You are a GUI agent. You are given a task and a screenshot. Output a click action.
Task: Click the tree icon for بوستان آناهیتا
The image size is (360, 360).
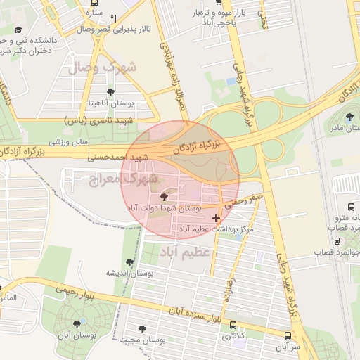(110, 91)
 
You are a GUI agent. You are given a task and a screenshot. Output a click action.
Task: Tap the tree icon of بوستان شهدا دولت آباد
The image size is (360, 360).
(165, 197)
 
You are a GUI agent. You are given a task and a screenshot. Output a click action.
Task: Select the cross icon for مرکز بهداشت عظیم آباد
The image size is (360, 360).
(215, 219)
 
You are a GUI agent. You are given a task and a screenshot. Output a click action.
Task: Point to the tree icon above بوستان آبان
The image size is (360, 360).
(77, 324)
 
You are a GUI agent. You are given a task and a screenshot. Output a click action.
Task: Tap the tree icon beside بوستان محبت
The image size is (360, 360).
(143, 328)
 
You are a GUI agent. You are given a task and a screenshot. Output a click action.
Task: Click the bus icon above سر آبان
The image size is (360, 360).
(287, 335)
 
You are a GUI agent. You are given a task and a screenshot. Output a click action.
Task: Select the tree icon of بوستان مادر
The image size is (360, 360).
(350, 117)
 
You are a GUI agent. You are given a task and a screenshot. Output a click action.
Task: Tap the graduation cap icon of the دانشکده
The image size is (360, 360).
(19, 30)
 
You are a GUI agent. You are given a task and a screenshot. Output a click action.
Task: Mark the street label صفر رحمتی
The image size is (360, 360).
(245, 200)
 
